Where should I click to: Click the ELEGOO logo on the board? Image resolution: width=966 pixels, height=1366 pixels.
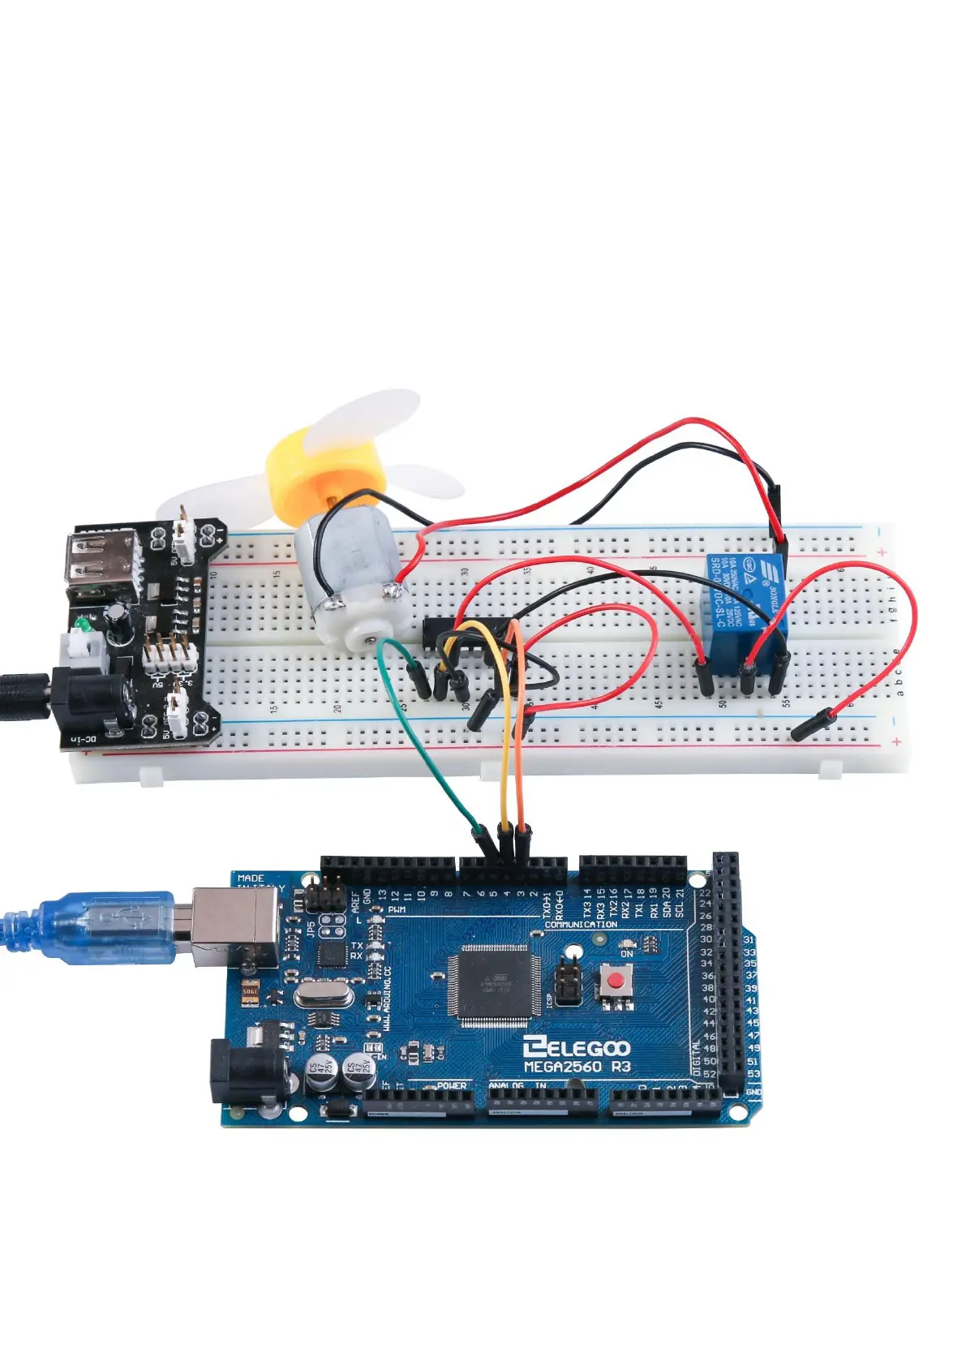coord(576,1046)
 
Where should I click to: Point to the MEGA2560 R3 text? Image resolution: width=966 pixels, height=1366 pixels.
coord(577,1067)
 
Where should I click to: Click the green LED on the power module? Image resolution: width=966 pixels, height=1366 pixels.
coord(81,625)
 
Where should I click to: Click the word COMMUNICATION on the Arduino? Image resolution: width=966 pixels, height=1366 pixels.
coord(580,925)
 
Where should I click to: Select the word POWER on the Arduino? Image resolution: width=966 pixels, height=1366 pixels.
coord(451,1085)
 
